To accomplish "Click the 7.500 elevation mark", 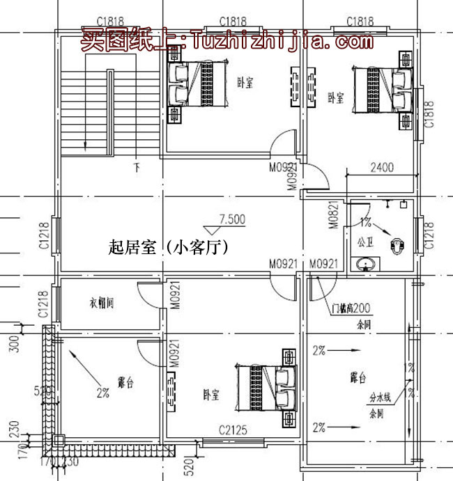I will click(231, 219).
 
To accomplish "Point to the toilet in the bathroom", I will click(398, 245).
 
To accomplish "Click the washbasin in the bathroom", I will click(365, 265).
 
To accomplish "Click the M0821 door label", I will click(332, 215).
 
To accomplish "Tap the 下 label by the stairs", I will click(137, 168).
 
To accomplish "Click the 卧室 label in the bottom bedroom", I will click(211, 395).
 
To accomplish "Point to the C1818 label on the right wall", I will click(429, 114).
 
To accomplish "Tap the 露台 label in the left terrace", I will click(125, 382).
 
